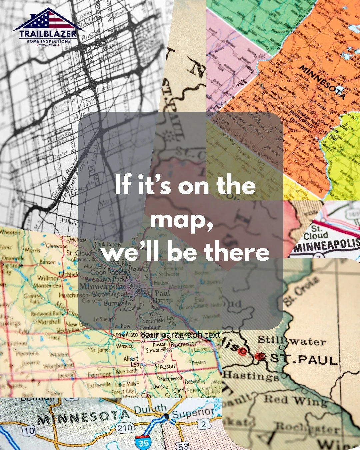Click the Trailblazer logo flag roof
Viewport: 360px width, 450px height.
pos(48,21)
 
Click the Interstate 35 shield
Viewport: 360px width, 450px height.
pos(144,442)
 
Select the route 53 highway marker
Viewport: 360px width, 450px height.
pos(183,445)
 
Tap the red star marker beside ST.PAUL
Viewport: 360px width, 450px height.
pos(259,357)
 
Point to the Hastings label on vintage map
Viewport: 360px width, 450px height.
pos(251,376)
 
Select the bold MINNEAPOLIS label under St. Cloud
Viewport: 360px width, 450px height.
pos(327,246)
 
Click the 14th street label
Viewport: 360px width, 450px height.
pos(79,117)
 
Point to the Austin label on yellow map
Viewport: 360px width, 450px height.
pos(167,366)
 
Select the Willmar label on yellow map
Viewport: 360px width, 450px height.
pos(47,278)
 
